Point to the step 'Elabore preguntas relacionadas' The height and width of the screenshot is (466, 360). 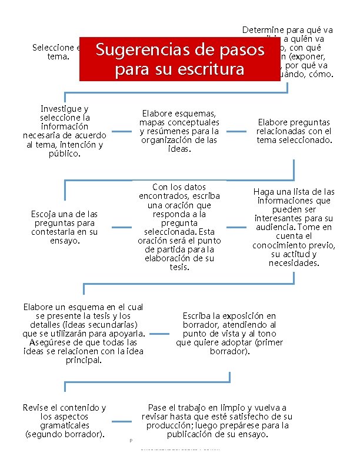click(294, 131)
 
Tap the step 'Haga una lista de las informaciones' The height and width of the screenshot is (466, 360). click(294, 227)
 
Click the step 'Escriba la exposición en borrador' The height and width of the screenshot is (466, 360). click(229, 333)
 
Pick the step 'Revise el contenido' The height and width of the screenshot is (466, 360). click(64, 421)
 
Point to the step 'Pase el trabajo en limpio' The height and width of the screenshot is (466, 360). click(217, 421)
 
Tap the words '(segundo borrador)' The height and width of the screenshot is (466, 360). click(65, 434)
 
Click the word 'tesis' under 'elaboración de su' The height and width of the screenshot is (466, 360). click(179, 267)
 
